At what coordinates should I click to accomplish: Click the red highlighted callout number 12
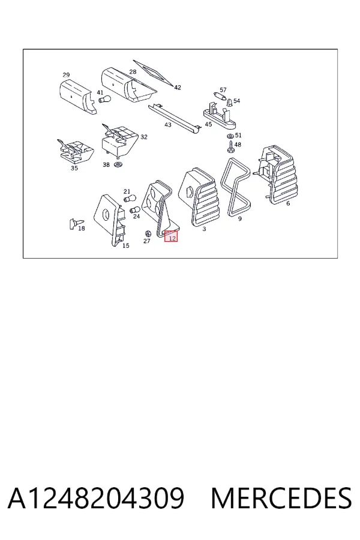point(171,236)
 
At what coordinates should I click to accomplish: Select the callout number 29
point(66,75)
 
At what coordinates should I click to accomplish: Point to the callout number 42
point(178,88)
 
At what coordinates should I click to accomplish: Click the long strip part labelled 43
point(175,118)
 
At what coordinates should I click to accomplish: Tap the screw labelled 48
point(230,147)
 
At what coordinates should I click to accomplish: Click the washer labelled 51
point(230,136)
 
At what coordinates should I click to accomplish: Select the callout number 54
point(236,101)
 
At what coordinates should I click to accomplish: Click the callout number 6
point(288,203)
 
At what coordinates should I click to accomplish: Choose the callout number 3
point(204,229)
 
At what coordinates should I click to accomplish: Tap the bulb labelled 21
point(130,199)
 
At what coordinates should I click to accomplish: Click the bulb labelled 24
point(134,209)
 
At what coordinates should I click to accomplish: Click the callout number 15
point(126,245)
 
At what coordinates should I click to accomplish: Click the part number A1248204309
point(96,498)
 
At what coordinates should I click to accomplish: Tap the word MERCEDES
point(281,498)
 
